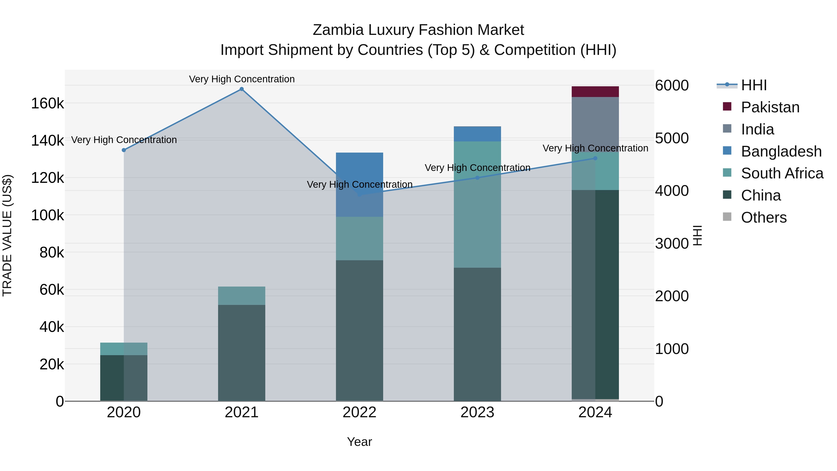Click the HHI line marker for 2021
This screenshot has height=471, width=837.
[241, 89]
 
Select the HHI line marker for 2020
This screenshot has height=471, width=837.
[124, 150]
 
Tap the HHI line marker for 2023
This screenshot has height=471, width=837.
[477, 178]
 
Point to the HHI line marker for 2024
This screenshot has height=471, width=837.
[595, 158]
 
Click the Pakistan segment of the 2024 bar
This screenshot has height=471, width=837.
[595, 92]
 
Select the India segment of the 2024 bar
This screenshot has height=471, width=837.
[595, 124]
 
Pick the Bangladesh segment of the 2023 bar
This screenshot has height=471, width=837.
[477, 134]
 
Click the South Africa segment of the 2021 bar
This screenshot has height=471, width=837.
[241, 296]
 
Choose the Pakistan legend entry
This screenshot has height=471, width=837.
[770, 107]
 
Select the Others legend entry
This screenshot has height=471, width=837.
[764, 217]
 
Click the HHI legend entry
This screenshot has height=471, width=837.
[754, 85]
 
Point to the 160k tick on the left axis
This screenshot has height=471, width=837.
[47, 104]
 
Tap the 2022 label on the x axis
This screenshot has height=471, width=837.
[359, 412]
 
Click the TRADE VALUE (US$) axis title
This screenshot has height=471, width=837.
[7, 235]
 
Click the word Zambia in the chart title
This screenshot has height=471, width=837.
[338, 30]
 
